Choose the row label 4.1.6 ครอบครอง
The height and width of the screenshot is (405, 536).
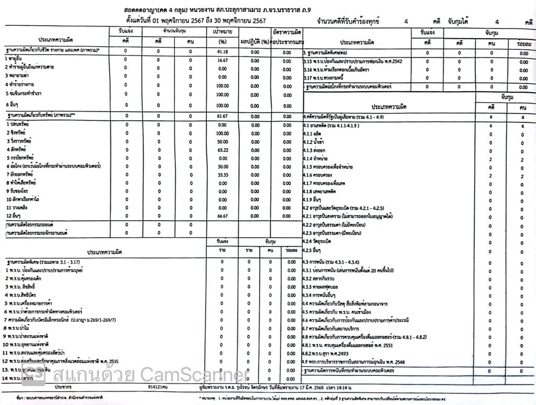pyautogui.click(x=319, y=175)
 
